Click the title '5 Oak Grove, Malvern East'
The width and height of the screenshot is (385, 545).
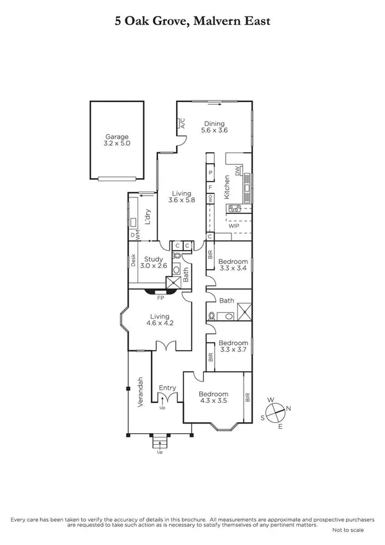tap(192, 22)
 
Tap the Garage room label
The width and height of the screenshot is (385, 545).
tap(117, 140)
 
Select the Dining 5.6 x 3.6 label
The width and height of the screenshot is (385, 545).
tap(215, 127)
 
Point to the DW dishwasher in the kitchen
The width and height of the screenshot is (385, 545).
tap(238, 171)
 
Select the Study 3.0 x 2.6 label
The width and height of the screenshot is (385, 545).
tap(154, 262)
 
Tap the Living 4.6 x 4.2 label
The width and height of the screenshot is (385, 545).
tap(159, 320)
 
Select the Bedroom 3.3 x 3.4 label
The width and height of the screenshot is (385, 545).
tap(233, 265)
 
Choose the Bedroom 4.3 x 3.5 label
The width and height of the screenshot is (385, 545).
tap(213, 398)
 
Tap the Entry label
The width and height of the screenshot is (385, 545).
tap(167, 388)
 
